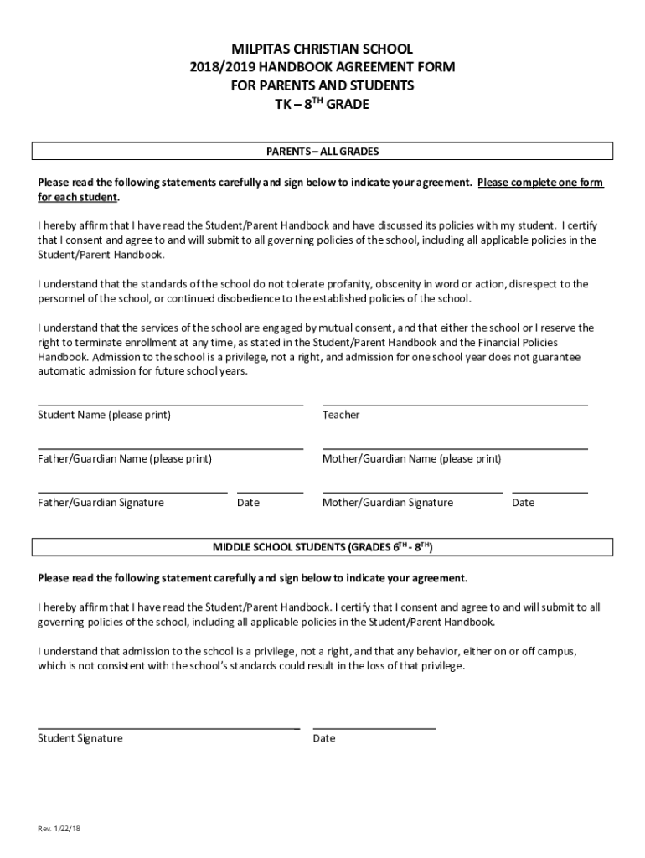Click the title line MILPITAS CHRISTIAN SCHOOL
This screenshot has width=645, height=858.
pyautogui.click(x=322, y=49)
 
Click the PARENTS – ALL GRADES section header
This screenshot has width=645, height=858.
pyautogui.click(x=322, y=152)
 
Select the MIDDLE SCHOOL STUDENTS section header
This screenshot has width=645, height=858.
pyautogui.click(x=322, y=547)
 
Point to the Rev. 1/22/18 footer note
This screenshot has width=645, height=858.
pyautogui.click(x=59, y=829)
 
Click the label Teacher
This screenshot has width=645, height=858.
pyautogui.click(x=341, y=415)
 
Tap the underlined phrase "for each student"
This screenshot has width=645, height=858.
pyautogui.click(x=78, y=198)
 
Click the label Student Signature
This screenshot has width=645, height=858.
pyautogui.click(x=80, y=738)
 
